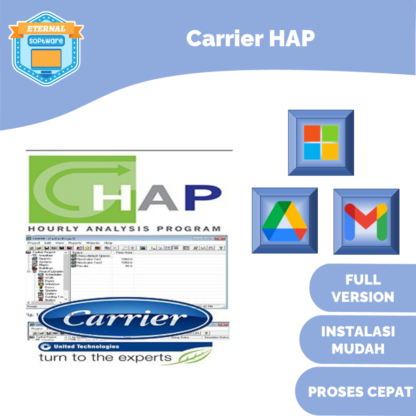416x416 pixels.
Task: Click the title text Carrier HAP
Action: (x=250, y=39)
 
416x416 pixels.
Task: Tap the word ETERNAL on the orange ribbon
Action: (x=46, y=29)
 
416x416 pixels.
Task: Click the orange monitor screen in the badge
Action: (x=46, y=58)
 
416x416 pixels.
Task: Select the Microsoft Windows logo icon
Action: (x=321, y=142)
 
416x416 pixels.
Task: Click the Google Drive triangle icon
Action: (x=284, y=221)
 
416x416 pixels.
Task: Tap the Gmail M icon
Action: (x=366, y=222)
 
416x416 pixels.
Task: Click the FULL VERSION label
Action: (x=363, y=288)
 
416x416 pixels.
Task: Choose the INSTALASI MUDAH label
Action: (x=358, y=340)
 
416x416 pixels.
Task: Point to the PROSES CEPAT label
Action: (x=360, y=392)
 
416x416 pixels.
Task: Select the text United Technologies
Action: (x=86, y=347)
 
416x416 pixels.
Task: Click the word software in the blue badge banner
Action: (x=46, y=41)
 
